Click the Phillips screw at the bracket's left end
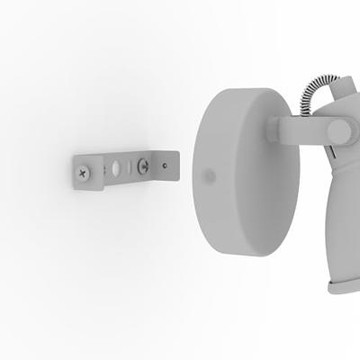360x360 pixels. [84, 170]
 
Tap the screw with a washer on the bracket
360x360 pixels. [142, 166]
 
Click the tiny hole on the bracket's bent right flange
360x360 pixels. [165, 165]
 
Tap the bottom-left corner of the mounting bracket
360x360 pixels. [76, 188]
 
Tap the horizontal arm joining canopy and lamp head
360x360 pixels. [301, 130]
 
